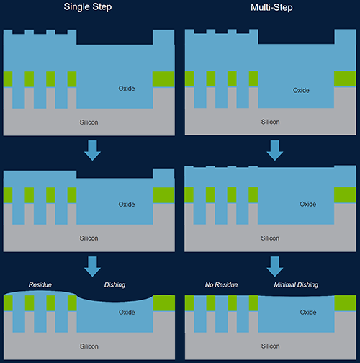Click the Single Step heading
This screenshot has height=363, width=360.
(88, 6)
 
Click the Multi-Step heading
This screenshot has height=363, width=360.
(271, 7)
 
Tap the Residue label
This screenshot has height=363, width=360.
(40, 284)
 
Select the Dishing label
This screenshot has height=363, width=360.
(114, 285)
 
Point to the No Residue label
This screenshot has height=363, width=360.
(221, 284)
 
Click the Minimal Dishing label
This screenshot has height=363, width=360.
(296, 285)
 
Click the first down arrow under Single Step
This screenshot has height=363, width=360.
(92, 151)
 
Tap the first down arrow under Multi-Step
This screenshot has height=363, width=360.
(275, 151)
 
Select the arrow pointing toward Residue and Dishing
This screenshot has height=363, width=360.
(92, 266)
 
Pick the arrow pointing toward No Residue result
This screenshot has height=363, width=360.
(275, 266)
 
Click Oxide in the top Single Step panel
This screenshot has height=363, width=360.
(127, 89)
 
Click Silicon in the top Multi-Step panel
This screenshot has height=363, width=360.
(270, 122)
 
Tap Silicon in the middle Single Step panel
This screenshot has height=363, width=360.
(89, 238)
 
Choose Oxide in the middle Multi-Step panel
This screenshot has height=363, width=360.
(307, 205)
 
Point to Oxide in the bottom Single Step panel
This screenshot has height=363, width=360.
(127, 313)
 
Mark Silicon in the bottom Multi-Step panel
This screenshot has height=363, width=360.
(270, 346)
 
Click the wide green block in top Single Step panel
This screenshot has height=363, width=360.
(163, 79)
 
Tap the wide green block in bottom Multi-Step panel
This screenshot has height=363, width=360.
(345, 303)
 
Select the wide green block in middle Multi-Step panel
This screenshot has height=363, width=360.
(345, 195)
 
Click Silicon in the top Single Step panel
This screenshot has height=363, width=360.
(89, 122)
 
